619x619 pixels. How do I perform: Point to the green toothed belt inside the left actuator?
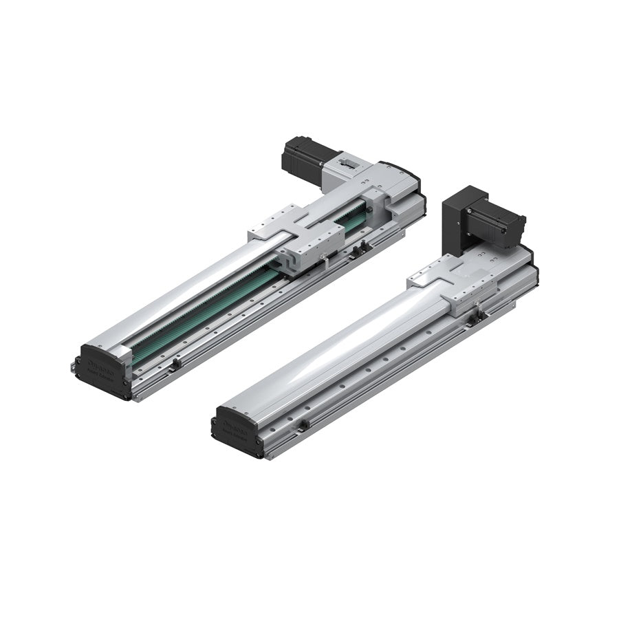pyautogui.click(x=206, y=313)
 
